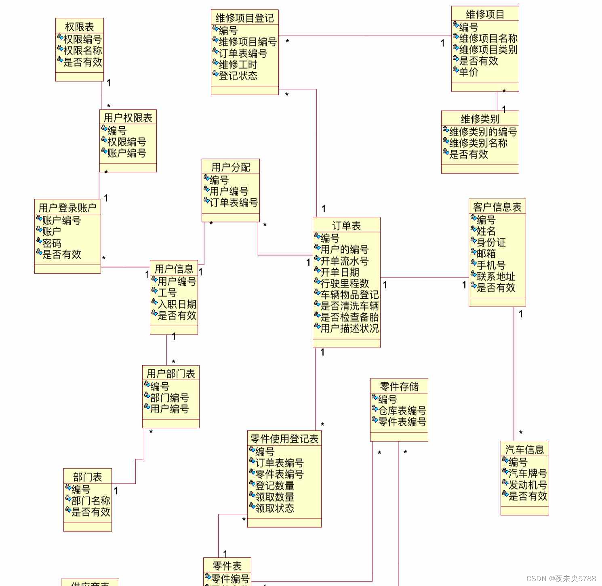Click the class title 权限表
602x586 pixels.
(79, 27)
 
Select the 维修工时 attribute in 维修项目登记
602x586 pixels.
(238, 65)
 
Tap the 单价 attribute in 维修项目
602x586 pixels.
(469, 72)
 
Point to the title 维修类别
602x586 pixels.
(480, 119)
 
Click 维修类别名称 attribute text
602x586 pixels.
(478, 143)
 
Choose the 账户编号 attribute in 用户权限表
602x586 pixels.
(126, 153)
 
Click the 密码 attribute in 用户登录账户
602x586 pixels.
(52, 243)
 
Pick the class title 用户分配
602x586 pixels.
(231, 167)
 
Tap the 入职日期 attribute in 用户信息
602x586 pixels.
(177, 304)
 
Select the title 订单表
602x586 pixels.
(346, 226)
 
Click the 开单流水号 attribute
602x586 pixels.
(345, 261)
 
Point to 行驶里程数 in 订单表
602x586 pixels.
(345, 284)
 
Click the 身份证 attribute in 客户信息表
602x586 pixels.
(491, 243)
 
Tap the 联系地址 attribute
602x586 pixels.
(496, 277)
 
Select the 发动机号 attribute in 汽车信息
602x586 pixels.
(528, 485)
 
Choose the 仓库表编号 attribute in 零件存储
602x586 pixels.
(402, 411)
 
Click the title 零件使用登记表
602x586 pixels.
(284, 439)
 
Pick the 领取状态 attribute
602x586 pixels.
(275, 509)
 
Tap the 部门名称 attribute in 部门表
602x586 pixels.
(91, 501)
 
